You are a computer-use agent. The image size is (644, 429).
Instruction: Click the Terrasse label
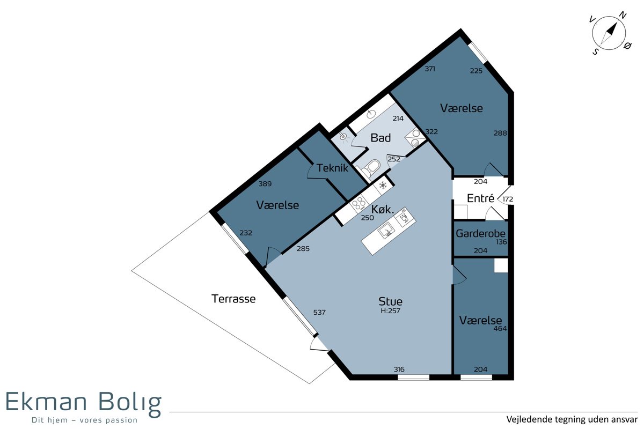(x=233, y=299)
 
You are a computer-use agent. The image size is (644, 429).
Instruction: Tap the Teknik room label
(x=332, y=168)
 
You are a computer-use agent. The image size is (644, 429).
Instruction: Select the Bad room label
(x=380, y=138)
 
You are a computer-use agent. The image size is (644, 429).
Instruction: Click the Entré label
(x=480, y=198)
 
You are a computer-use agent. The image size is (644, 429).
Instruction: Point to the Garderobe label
(x=480, y=233)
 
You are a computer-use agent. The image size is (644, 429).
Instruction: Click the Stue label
(x=391, y=301)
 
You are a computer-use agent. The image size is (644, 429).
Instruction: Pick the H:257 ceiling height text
(x=391, y=310)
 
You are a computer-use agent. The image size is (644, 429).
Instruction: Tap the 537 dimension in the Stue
(x=319, y=312)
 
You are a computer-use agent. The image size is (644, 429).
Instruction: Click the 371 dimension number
(x=430, y=69)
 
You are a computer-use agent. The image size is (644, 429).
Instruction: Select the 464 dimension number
(x=500, y=328)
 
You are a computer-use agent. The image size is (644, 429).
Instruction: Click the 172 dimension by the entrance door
(x=508, y=199)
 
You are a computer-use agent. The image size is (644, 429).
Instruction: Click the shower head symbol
(x=343, y=137)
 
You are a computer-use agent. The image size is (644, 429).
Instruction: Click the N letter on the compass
(x=623, y=15)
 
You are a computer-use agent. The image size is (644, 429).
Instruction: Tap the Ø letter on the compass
(x=627, y=46)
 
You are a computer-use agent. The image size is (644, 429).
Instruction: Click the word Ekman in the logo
(x=46, y=401)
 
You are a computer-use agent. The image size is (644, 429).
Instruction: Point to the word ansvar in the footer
(x=625, y=419)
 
